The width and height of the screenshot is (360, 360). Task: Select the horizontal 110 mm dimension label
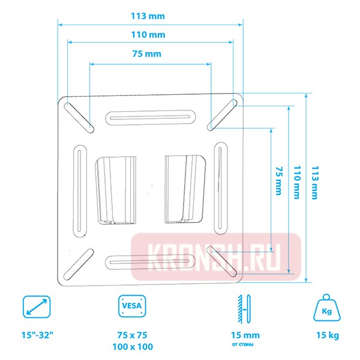click(x=149, y=35)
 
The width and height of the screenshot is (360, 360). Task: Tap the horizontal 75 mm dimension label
click(x=147, y=54)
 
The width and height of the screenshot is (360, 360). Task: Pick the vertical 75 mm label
click(x=278, y=181)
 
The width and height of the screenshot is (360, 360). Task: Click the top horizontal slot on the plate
click(x=149, y=117)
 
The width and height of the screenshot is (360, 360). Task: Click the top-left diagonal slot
click(x=79, y=116)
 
